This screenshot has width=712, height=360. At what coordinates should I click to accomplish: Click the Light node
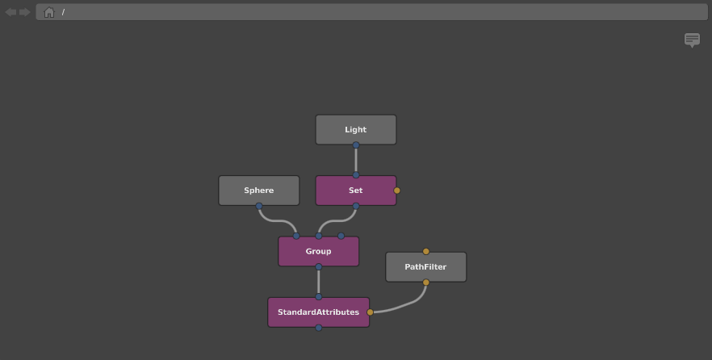[355, 130]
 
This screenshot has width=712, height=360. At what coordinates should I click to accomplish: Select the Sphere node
[259, 190]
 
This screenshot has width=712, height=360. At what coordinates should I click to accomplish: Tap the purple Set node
[355, 190]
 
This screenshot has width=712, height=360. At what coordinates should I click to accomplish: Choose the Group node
[318, 252]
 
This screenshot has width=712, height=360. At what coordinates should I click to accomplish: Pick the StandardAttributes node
[318, 312]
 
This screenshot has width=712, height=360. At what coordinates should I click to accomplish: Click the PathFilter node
[425, 267]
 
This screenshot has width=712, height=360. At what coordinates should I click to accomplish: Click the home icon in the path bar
[49, 12]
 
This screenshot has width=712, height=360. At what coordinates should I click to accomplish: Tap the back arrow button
[11, 12]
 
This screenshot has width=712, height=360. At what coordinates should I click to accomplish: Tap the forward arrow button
[24, 12]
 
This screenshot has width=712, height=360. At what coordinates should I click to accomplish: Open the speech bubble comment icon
[692, 40]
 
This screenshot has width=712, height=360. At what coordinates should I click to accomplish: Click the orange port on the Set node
[397, 190]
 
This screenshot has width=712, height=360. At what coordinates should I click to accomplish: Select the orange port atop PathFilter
[426, 252]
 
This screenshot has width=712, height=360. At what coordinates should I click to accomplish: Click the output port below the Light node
[356, 145]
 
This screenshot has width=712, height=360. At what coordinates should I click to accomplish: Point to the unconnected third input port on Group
[341, 236]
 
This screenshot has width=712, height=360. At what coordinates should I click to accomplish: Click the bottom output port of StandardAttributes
[319, 328]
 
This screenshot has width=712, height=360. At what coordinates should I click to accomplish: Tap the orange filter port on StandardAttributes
[370, 312]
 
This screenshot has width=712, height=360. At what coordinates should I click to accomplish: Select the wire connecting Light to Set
[356, 161]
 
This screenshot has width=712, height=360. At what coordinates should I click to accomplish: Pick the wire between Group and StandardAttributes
[319, 282]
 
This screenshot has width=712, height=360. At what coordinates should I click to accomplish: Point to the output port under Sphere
[259, 206]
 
